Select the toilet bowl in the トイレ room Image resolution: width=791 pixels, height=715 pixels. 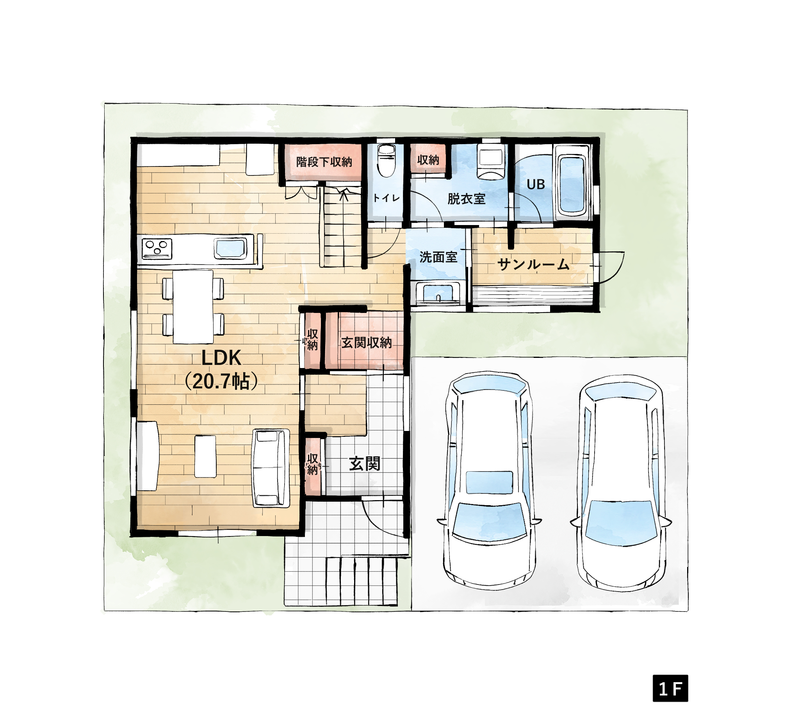click(x=387, y=161)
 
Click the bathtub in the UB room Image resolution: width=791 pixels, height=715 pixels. click(x=571, y=183)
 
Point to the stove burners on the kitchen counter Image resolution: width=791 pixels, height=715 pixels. click(x=157, y=248)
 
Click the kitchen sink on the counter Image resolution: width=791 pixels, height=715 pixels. click(x=230, y=249)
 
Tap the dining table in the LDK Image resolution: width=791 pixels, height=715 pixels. click(x=193, y=307)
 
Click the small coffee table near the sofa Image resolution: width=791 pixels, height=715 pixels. click(x=205, y=457)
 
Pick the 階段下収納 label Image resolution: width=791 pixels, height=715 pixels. click(x=324, y=162)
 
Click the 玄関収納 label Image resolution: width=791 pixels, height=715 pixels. click(x=367, y=343)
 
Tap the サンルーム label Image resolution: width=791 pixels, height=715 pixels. click(x=534, y=264)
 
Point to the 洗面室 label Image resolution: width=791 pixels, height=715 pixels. click(x=438, y=257)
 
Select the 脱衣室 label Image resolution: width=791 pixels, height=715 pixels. click(x=467, y=199)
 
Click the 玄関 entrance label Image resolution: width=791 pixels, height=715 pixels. click(x=365, y=464)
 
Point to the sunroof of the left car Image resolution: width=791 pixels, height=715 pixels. click(x=489, y=482)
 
